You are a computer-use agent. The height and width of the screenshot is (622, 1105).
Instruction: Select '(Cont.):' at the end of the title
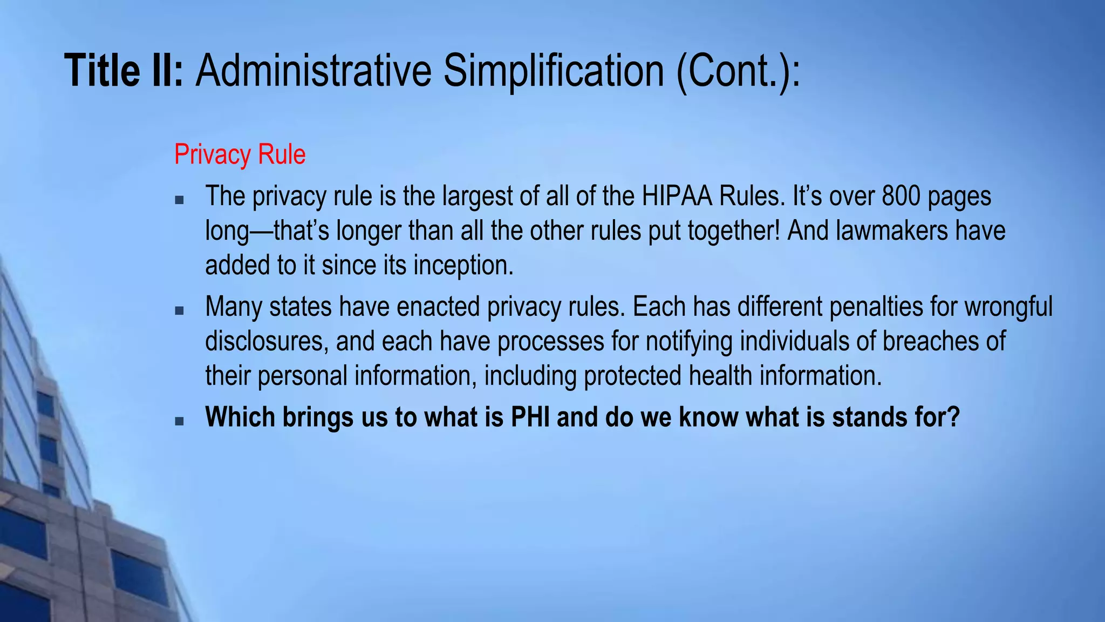pos(738,71)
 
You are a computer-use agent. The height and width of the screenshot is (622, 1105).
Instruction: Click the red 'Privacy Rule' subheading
pos(240,154)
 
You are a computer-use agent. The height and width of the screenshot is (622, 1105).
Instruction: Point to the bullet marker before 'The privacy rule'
pos(180,200)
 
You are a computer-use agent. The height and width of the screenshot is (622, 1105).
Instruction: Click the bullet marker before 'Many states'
pos(180,310)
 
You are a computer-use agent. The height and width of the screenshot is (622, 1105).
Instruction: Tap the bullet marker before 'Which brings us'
pos(180,421)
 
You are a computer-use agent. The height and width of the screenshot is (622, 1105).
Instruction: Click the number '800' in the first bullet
pos(901,196)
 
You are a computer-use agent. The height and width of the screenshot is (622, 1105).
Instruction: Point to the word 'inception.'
pos(463,265)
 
